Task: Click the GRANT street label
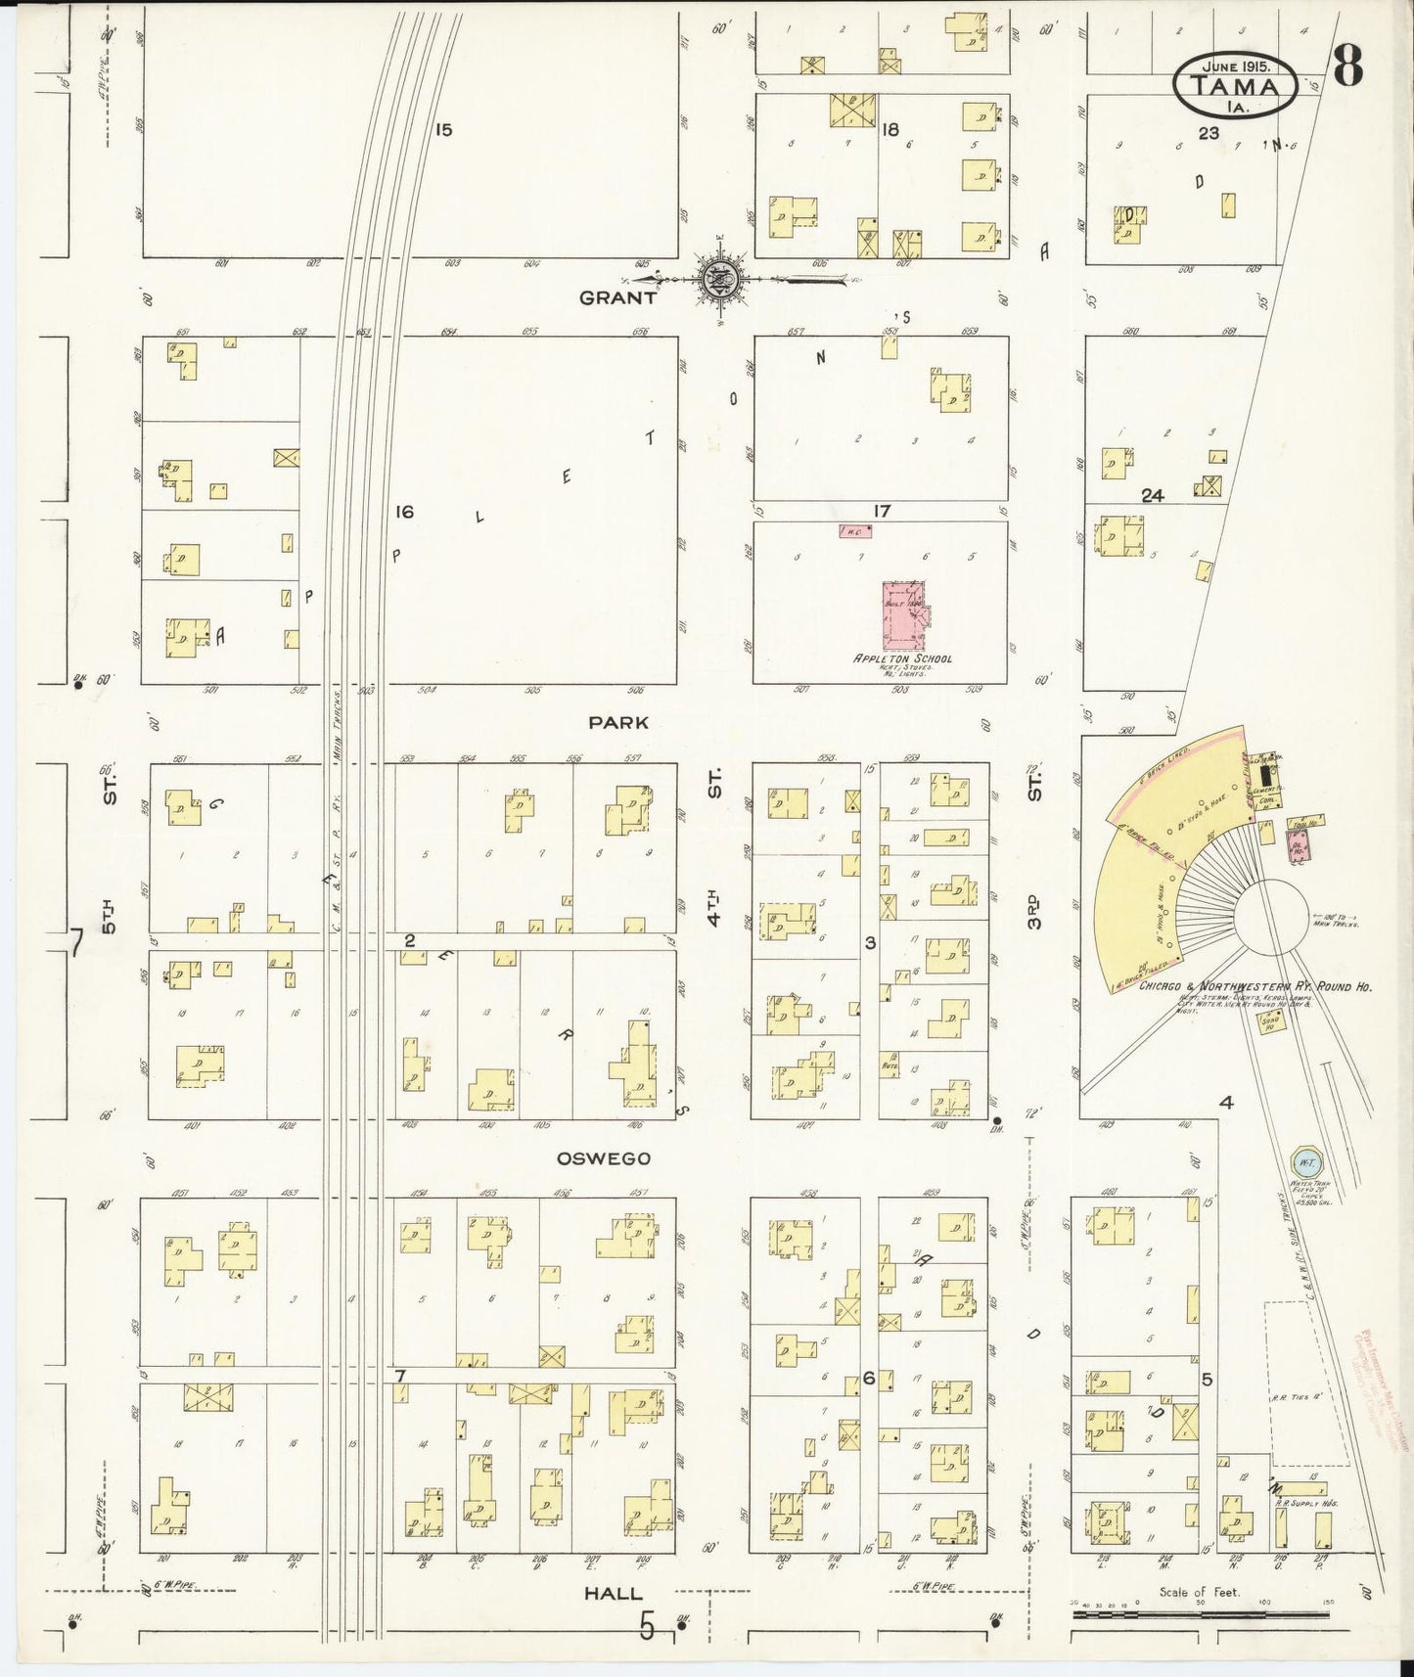point(617,297)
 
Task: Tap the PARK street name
point(618,722)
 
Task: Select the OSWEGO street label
point(604,1158)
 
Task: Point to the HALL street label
point(614,1594)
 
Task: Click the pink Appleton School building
point(904,615)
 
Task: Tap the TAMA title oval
point(1237,85)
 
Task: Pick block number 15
point(443,129)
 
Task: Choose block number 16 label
point(405,512)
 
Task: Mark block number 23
point(1209,134)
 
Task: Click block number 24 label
point(1153,496)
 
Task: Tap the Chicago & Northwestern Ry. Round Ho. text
point(1254,987)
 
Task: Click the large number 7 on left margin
point(73,942)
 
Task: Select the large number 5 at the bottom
point(646,1625)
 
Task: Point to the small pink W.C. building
point(854,531)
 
